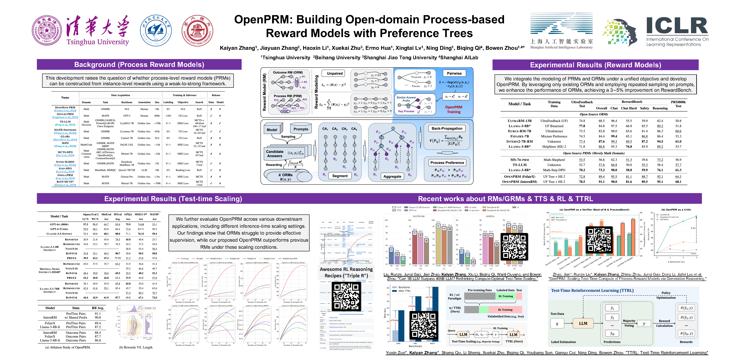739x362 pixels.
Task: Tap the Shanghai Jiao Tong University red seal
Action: pyautogui.click(x=197, y=31)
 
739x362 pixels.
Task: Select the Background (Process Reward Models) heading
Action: pyautogui.click(x=139, y=64)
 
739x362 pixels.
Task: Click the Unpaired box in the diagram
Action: pyautogui.click(x=335, y=73)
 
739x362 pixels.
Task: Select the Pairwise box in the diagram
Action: pyautogui.click(x=454, y=73)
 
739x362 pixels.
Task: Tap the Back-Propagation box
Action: pyautogui.click(x=447, y=129)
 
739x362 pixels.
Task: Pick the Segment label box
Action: pyautogui.click(x=340, y=176)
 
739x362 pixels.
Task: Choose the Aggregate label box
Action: pyautogui.click(x=392, y=176)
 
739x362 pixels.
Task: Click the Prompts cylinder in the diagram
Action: pyautogui.click(x=301, y=129)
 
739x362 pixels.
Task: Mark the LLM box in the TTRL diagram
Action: pyautogui.click(x=583, y=324)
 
